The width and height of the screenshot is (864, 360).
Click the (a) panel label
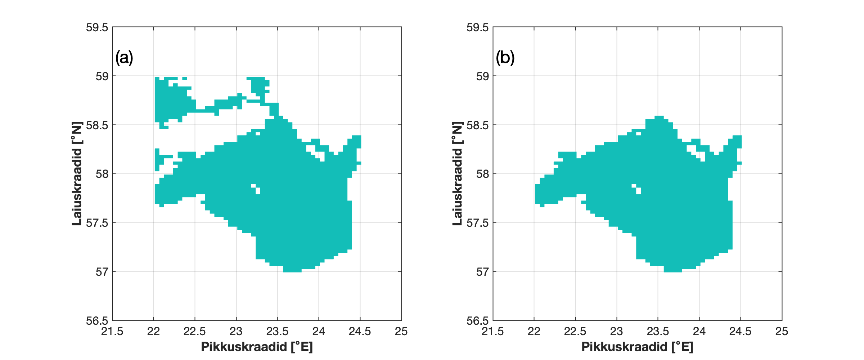click(124, 58)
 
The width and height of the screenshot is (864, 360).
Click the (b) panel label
click(505, 58)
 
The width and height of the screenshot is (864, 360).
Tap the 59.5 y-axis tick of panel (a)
click(97, 27)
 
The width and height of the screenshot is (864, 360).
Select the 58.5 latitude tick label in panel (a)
click(97, 125)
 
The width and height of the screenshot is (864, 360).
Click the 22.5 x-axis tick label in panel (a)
click(195, 331)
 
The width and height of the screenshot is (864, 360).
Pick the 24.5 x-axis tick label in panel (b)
click(740, 331)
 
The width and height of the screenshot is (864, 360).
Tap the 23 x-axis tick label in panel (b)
click(616, 331)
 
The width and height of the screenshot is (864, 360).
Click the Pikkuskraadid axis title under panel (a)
click(257, 347)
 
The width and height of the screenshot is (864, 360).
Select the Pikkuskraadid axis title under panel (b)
click(637, 347)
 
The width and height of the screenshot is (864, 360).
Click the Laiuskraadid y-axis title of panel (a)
click(77, 174)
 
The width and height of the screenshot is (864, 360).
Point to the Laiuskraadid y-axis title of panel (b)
click(457, 174)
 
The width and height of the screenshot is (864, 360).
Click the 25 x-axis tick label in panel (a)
click(401, 331)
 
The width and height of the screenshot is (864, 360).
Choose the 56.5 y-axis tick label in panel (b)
click(477, 320)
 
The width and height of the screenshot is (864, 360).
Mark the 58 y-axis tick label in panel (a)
click(102, 174)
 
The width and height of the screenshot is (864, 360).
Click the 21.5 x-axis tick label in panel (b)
click(492, 331)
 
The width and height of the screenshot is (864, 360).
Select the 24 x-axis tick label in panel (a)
click(319, 331)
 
